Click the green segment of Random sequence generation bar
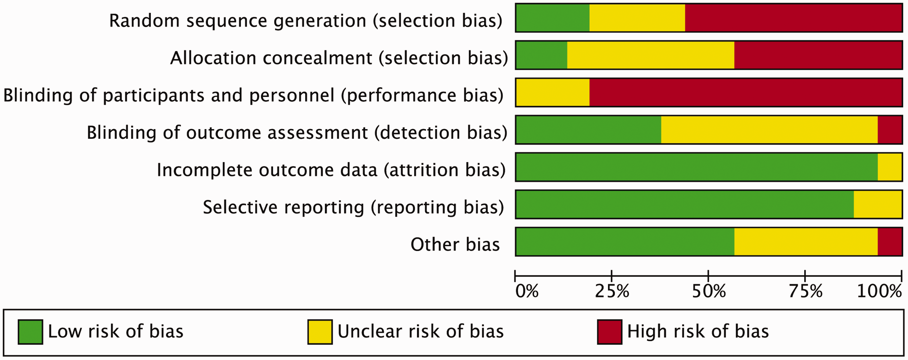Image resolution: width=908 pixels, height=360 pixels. [553, 18]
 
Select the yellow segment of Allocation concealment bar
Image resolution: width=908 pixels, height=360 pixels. [651, 55]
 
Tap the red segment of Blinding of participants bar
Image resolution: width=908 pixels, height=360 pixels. [746, 92]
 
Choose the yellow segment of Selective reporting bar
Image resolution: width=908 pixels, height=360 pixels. [878, 205]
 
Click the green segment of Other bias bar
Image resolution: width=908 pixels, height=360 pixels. [625, 242]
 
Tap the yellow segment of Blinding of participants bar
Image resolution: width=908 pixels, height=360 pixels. [553, 92]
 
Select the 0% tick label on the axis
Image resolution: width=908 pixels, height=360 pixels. [527, 292]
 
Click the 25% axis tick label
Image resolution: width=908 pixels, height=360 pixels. [612, 292]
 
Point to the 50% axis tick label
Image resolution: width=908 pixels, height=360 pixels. [709, 292]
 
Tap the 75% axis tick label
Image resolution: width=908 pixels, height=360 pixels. [806, 292]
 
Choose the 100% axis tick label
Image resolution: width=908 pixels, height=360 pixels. [879, 292]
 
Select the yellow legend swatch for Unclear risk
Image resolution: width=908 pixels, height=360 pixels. [320, 332]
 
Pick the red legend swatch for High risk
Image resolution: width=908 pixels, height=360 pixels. [609, 332]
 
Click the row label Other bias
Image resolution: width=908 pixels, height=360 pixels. [455, 244]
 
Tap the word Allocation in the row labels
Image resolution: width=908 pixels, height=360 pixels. [213, 58]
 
